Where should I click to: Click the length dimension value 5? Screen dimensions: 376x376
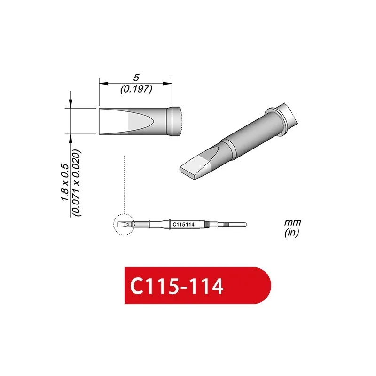coord(136,78)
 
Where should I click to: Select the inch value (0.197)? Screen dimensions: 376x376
coord(136,89)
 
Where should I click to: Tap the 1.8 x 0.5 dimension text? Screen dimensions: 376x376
coord(65,182)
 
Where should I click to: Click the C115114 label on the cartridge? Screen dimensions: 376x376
coord(183,225)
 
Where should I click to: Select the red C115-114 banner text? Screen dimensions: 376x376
coord(177,286)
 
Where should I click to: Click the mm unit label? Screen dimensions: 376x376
coord(292,222)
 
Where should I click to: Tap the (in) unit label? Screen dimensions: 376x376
coord(291,232)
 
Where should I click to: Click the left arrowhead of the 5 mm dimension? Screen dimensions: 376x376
coord(104,84)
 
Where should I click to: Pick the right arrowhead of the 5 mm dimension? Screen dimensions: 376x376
coord(167,84)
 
